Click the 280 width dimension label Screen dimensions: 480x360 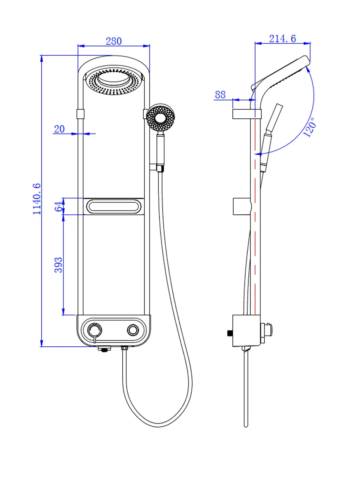click(x=114, y=41)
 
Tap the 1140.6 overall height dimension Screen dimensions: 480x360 click(x=37, y=199)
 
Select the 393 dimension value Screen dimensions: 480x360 click(x=58, y=265)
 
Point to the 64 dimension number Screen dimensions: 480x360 click(x=58, y=206)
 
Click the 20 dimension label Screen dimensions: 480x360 click(x=59, y=129)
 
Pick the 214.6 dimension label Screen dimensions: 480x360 click(x=282, y=38)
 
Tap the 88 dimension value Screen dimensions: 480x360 click(x=220, y=95)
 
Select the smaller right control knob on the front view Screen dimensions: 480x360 click(x=133, y=330)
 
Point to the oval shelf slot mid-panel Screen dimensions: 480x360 click(x=114, y=207)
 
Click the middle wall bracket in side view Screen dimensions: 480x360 click(x=242, y=206)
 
